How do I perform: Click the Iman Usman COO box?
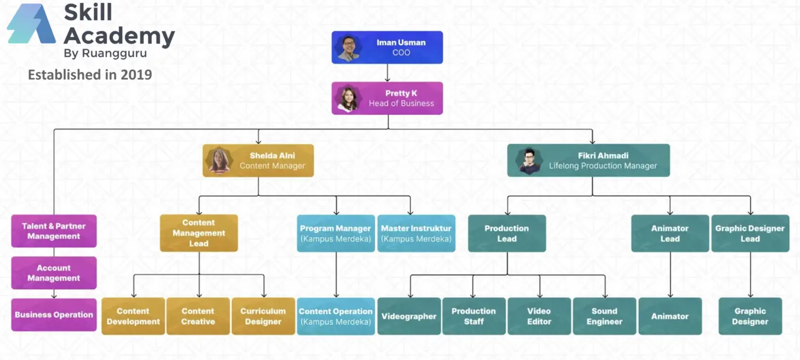point(387,48)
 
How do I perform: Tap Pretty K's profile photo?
point(348,98)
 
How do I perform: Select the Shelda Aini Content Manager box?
point(258,161)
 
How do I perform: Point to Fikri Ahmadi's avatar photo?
point(528,160)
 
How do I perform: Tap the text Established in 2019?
point(90,74)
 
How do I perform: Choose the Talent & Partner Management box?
point(54,231)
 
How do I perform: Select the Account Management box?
point(54,273)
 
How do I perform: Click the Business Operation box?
point(54,315)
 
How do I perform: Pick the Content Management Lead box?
point(199,233)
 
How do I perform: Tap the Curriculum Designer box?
point(263,316)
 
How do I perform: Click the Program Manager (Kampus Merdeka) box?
point(336,233)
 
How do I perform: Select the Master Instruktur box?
point(416,233)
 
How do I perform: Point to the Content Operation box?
point(336,316)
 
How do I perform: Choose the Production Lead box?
point(506,233)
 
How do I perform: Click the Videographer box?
point(409,316)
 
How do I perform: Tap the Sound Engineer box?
point(604,316)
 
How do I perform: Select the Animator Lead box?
point(670,233)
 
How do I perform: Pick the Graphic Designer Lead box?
point(750,233)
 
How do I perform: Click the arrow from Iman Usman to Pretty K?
point(388,73)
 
